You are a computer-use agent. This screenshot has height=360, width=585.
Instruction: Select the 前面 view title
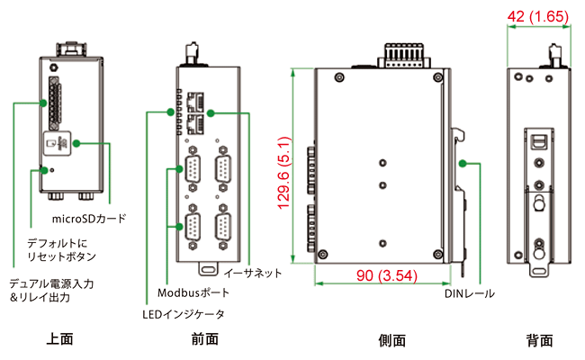coord(205,339)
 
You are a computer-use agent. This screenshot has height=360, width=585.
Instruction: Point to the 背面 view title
coord(539,340)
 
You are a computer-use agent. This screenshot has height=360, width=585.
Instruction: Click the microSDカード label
coord(88,219)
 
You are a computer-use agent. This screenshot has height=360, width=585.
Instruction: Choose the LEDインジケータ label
coord(184,314)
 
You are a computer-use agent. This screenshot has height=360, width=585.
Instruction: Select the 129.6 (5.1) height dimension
coord(283,173)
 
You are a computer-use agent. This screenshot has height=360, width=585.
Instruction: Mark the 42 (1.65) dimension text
coord(538,15)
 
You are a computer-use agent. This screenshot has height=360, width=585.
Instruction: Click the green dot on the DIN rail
coord(463,163)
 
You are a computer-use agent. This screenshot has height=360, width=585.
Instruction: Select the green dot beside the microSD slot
coord(77,143)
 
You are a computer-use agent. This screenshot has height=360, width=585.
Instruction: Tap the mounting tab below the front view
coord(208,267)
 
